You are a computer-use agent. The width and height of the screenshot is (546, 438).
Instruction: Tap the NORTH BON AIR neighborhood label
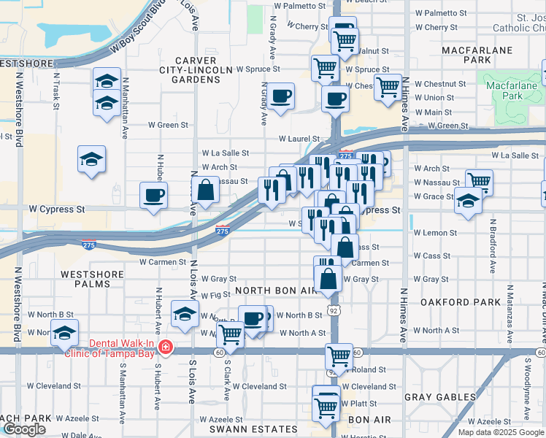[x=277, y=291]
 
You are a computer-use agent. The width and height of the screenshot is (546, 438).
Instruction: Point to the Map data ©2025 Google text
[x=501, y=432]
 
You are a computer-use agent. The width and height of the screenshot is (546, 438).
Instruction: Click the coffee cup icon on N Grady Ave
[x=280, y=96]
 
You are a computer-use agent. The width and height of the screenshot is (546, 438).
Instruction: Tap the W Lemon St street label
[x=435, y=233]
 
